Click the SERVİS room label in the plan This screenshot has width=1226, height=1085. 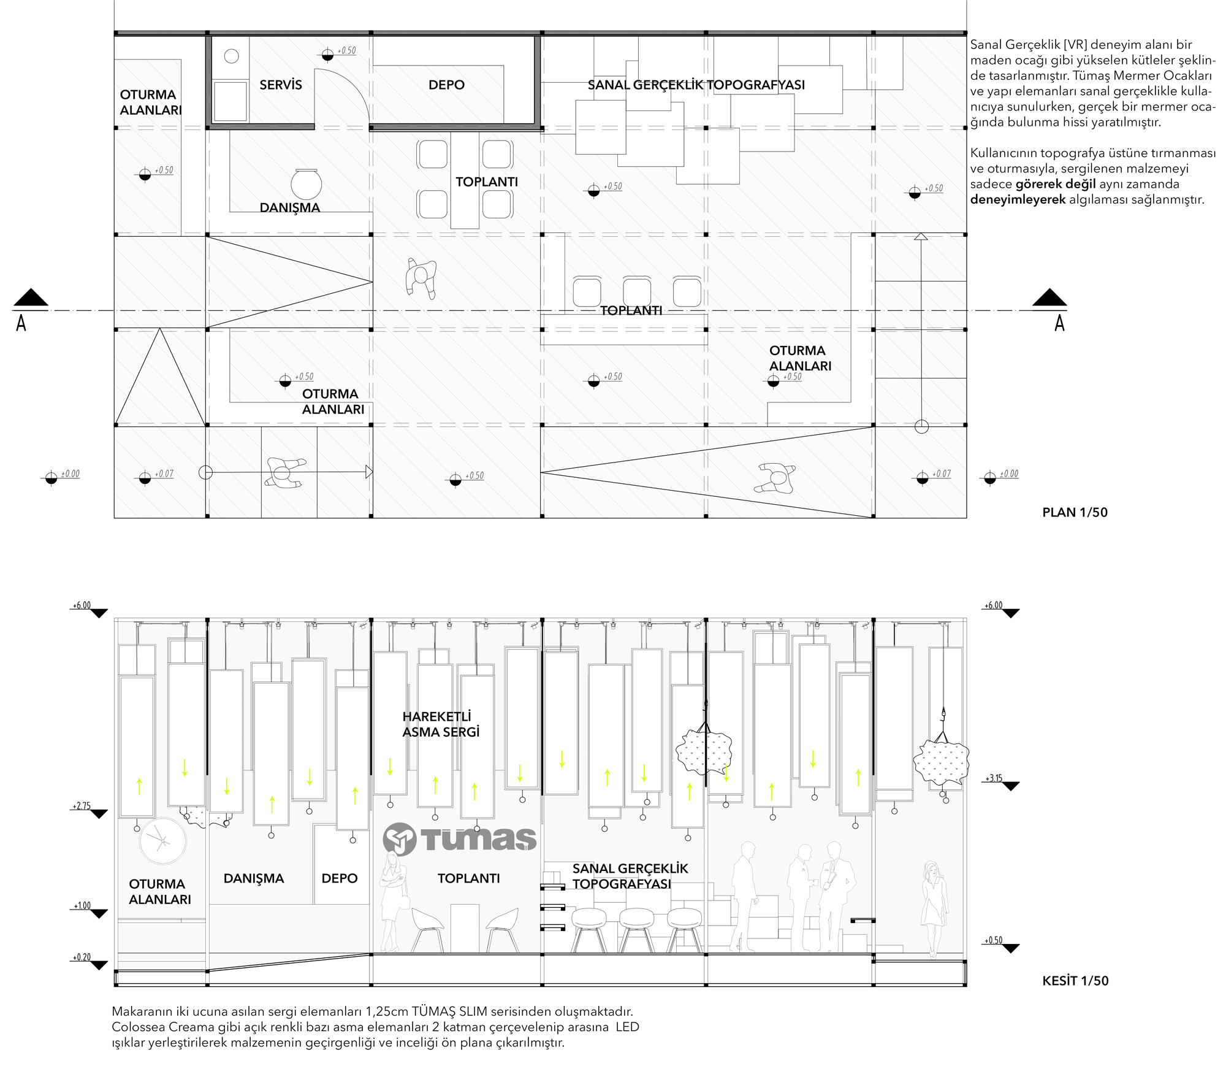tap(281, 85)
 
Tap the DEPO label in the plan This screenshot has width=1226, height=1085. tap(446, 85)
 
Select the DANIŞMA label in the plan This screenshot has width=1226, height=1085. tap(290, 207)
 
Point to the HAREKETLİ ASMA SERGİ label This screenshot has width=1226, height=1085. tap(441, 724)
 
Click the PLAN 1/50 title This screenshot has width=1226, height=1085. tap(1075, 512)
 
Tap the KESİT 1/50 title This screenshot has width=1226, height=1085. tap(1075, 981)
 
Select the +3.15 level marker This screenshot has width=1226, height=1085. tap(1002, 782)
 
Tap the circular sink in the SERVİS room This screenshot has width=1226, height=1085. tap(231, 56)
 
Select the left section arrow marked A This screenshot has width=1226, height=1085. tap(30, 309)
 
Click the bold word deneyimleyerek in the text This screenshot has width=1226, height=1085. tap(1018, 200)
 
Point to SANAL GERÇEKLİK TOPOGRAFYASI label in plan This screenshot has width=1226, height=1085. tap(696, 85)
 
